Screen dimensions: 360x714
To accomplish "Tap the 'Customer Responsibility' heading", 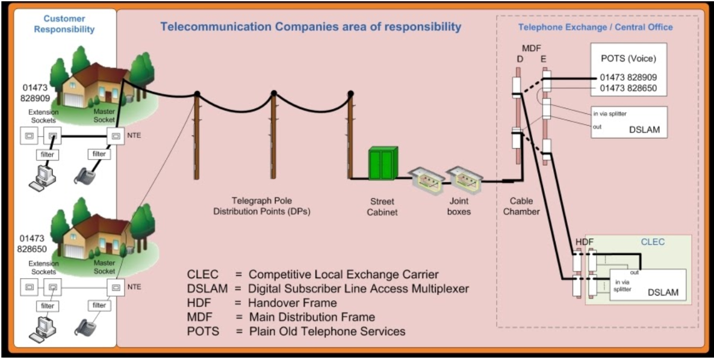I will click(64, 24).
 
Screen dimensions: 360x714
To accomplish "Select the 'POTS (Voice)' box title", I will click(628, 58).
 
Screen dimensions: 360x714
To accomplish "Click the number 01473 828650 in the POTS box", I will click(628, 88).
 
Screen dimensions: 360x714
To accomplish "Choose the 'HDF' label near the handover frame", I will click(585, 242).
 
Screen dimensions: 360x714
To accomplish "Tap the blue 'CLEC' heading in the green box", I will click(653, 242).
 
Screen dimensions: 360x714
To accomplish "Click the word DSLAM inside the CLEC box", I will click(663, 293).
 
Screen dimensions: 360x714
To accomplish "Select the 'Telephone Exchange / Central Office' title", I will click(595, 28).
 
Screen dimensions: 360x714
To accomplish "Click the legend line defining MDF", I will click(281, 317).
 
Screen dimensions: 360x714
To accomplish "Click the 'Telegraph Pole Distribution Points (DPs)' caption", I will click(262, 206).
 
